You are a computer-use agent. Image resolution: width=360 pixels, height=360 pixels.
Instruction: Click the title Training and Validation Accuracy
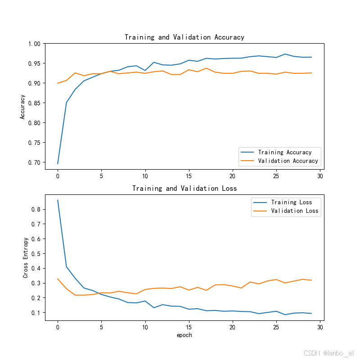(x=184, y=37)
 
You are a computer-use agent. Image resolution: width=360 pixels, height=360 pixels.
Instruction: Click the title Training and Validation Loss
(x=184, y=189)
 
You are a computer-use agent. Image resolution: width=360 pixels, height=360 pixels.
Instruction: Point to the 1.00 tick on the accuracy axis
(x=34, y=44)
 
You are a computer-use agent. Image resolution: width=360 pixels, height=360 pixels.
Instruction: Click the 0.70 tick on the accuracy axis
(x=34, y=162)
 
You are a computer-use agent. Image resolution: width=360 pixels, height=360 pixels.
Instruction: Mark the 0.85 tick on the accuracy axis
(x=34, y=103)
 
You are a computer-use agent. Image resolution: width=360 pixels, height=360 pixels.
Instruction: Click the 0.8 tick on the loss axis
(x=36, y=210)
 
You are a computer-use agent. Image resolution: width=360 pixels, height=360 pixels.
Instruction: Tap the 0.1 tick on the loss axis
(x=36, y=313)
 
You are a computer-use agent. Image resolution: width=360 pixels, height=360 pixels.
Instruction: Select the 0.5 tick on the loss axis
(x=36, y=254)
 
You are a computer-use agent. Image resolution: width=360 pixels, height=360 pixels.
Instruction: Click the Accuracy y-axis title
(x=22, y=107)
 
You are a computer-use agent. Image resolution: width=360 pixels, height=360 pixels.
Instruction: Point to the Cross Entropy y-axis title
(x=26, y=257)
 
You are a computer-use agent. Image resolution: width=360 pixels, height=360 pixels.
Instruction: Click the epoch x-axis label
(x=184, y=335)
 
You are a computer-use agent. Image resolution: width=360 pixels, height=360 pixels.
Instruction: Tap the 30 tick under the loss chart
(x=319, y=328)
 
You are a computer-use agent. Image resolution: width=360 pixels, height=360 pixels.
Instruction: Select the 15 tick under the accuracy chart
(x=189, y=176)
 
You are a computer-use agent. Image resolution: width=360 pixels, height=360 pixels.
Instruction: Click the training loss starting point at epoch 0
(x=58, y=200)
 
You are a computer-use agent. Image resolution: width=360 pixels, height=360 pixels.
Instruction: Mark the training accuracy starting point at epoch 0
(x=58, y=163)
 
